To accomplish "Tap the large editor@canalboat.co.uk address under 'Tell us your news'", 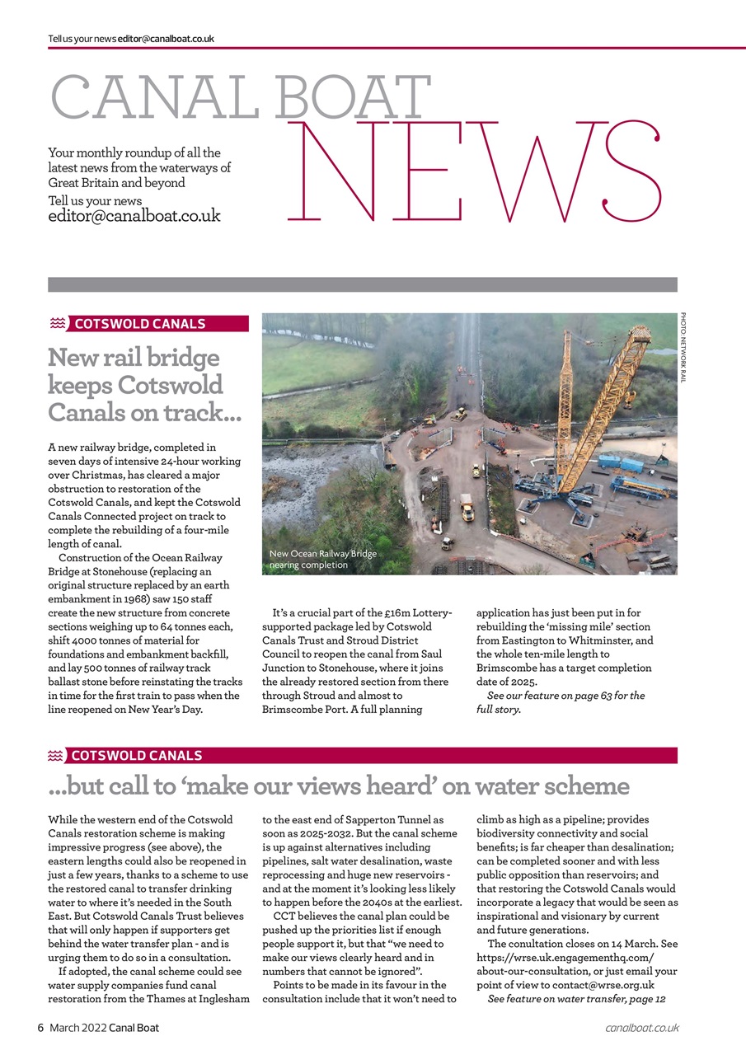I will click(x=134, y=217).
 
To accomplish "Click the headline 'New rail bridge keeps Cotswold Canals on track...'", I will click(x=144, y=385).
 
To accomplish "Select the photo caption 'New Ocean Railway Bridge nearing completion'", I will click(x=323, y=560).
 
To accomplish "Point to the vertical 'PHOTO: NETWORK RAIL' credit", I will click(x=683, y=347).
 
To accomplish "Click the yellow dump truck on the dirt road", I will click(x=467, y=509).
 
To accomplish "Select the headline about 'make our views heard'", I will click(x=339, y=786).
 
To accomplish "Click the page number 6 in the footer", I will click(x=40, y=1028).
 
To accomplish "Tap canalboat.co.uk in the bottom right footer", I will click(x=641, y=1028).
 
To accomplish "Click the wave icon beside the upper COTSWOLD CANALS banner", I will click(x=57, y=324).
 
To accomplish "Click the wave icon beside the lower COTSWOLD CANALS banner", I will click(x=55, y=756).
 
